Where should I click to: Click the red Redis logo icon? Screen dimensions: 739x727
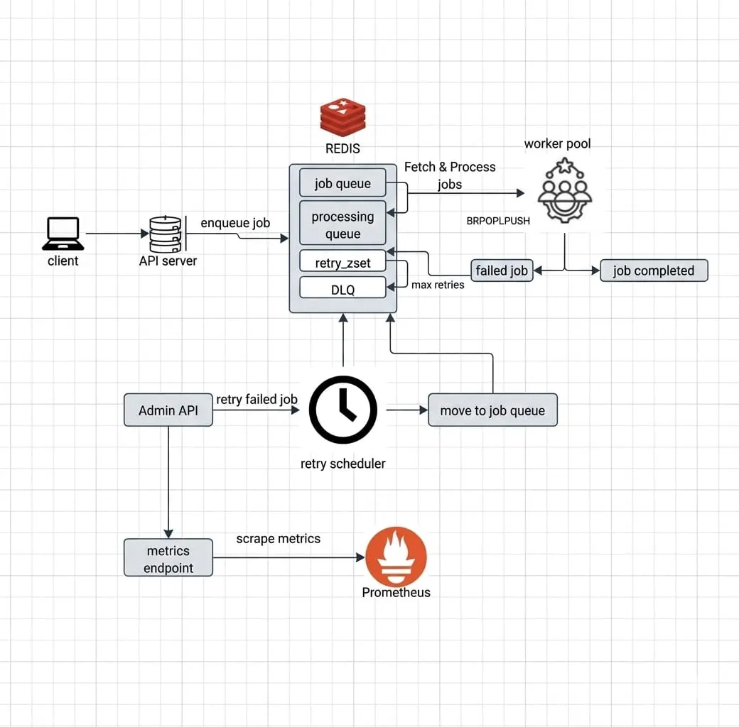(342, 117)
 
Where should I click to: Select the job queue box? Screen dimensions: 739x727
(342, 182)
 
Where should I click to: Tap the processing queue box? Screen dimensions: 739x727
(342, 223)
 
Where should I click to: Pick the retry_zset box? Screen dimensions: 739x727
(342, 261)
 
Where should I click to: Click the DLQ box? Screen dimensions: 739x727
(342, 288)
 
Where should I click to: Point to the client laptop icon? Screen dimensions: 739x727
(63, 234)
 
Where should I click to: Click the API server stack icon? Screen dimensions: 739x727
(166, 234)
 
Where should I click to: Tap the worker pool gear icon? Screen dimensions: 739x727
(565, 190)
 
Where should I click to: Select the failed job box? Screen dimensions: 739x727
(502, 270)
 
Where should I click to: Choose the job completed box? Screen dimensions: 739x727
(654, 270)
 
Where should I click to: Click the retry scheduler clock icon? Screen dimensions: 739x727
(343, 410)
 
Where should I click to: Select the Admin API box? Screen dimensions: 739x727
(168, 410)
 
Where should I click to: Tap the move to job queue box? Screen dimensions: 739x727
(492, 410)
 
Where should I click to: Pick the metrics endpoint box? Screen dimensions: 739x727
(168, 558)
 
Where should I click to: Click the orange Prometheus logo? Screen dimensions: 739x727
(396, 557)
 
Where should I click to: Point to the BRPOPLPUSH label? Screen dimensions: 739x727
(498, 221)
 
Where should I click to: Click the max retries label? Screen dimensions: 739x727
(438, 285)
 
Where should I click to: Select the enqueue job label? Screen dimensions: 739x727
(235, 223)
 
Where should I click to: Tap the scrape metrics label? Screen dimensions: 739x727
(278, 539)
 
